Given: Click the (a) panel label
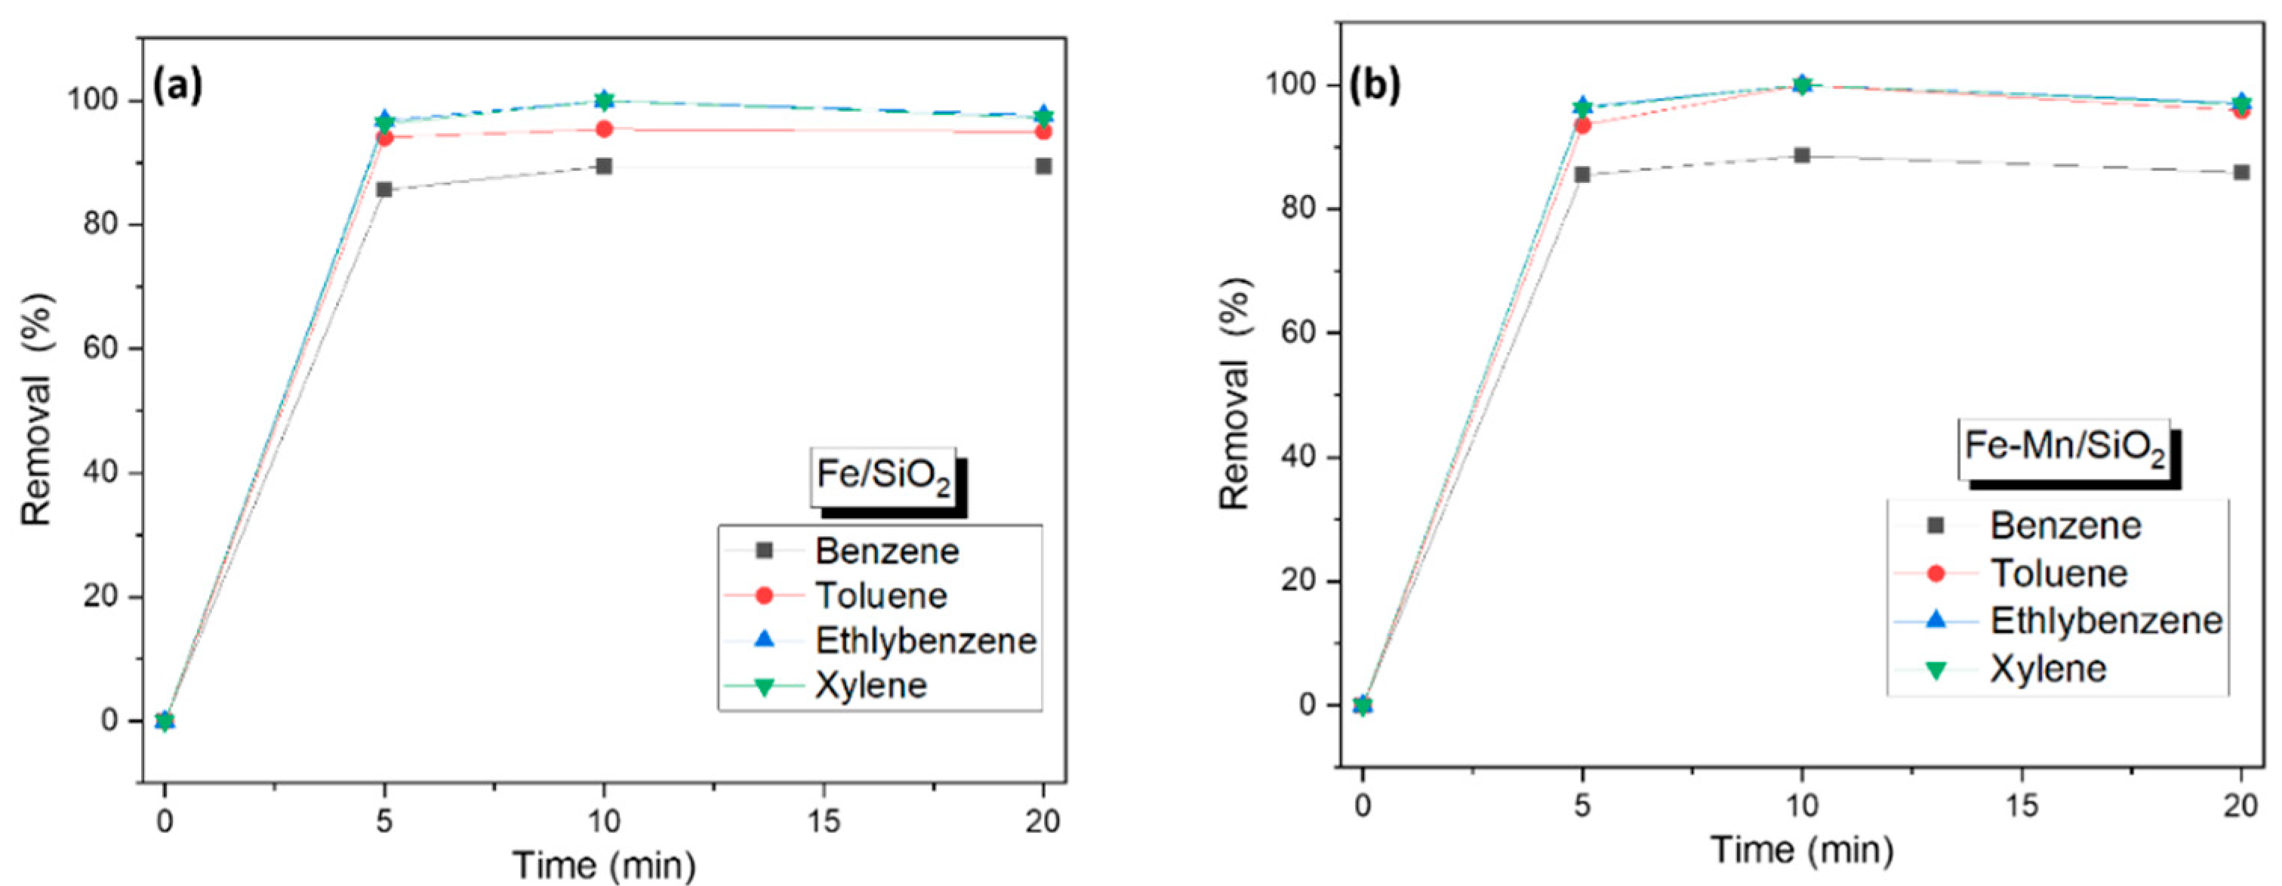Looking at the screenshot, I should (178, 86).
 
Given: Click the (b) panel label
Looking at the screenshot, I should (1374, 86).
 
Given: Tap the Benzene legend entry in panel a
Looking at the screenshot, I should (886, 551).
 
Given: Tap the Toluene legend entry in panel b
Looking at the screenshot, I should (2059, 574).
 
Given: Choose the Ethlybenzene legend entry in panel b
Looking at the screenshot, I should (2105, 621).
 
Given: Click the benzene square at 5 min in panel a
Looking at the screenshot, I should (383, 190).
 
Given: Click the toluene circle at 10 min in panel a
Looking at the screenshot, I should (604, 129).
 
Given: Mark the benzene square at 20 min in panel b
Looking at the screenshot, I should (2241, 172).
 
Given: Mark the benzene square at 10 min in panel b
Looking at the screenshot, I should (1801, 156).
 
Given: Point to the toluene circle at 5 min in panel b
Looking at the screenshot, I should (1582, 126).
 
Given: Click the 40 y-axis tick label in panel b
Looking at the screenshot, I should (1298, 458).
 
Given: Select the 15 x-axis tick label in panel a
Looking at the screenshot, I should (824, 821).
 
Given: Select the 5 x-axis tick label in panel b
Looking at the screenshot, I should (1582, 806).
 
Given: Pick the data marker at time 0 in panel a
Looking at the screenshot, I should (165, 721).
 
